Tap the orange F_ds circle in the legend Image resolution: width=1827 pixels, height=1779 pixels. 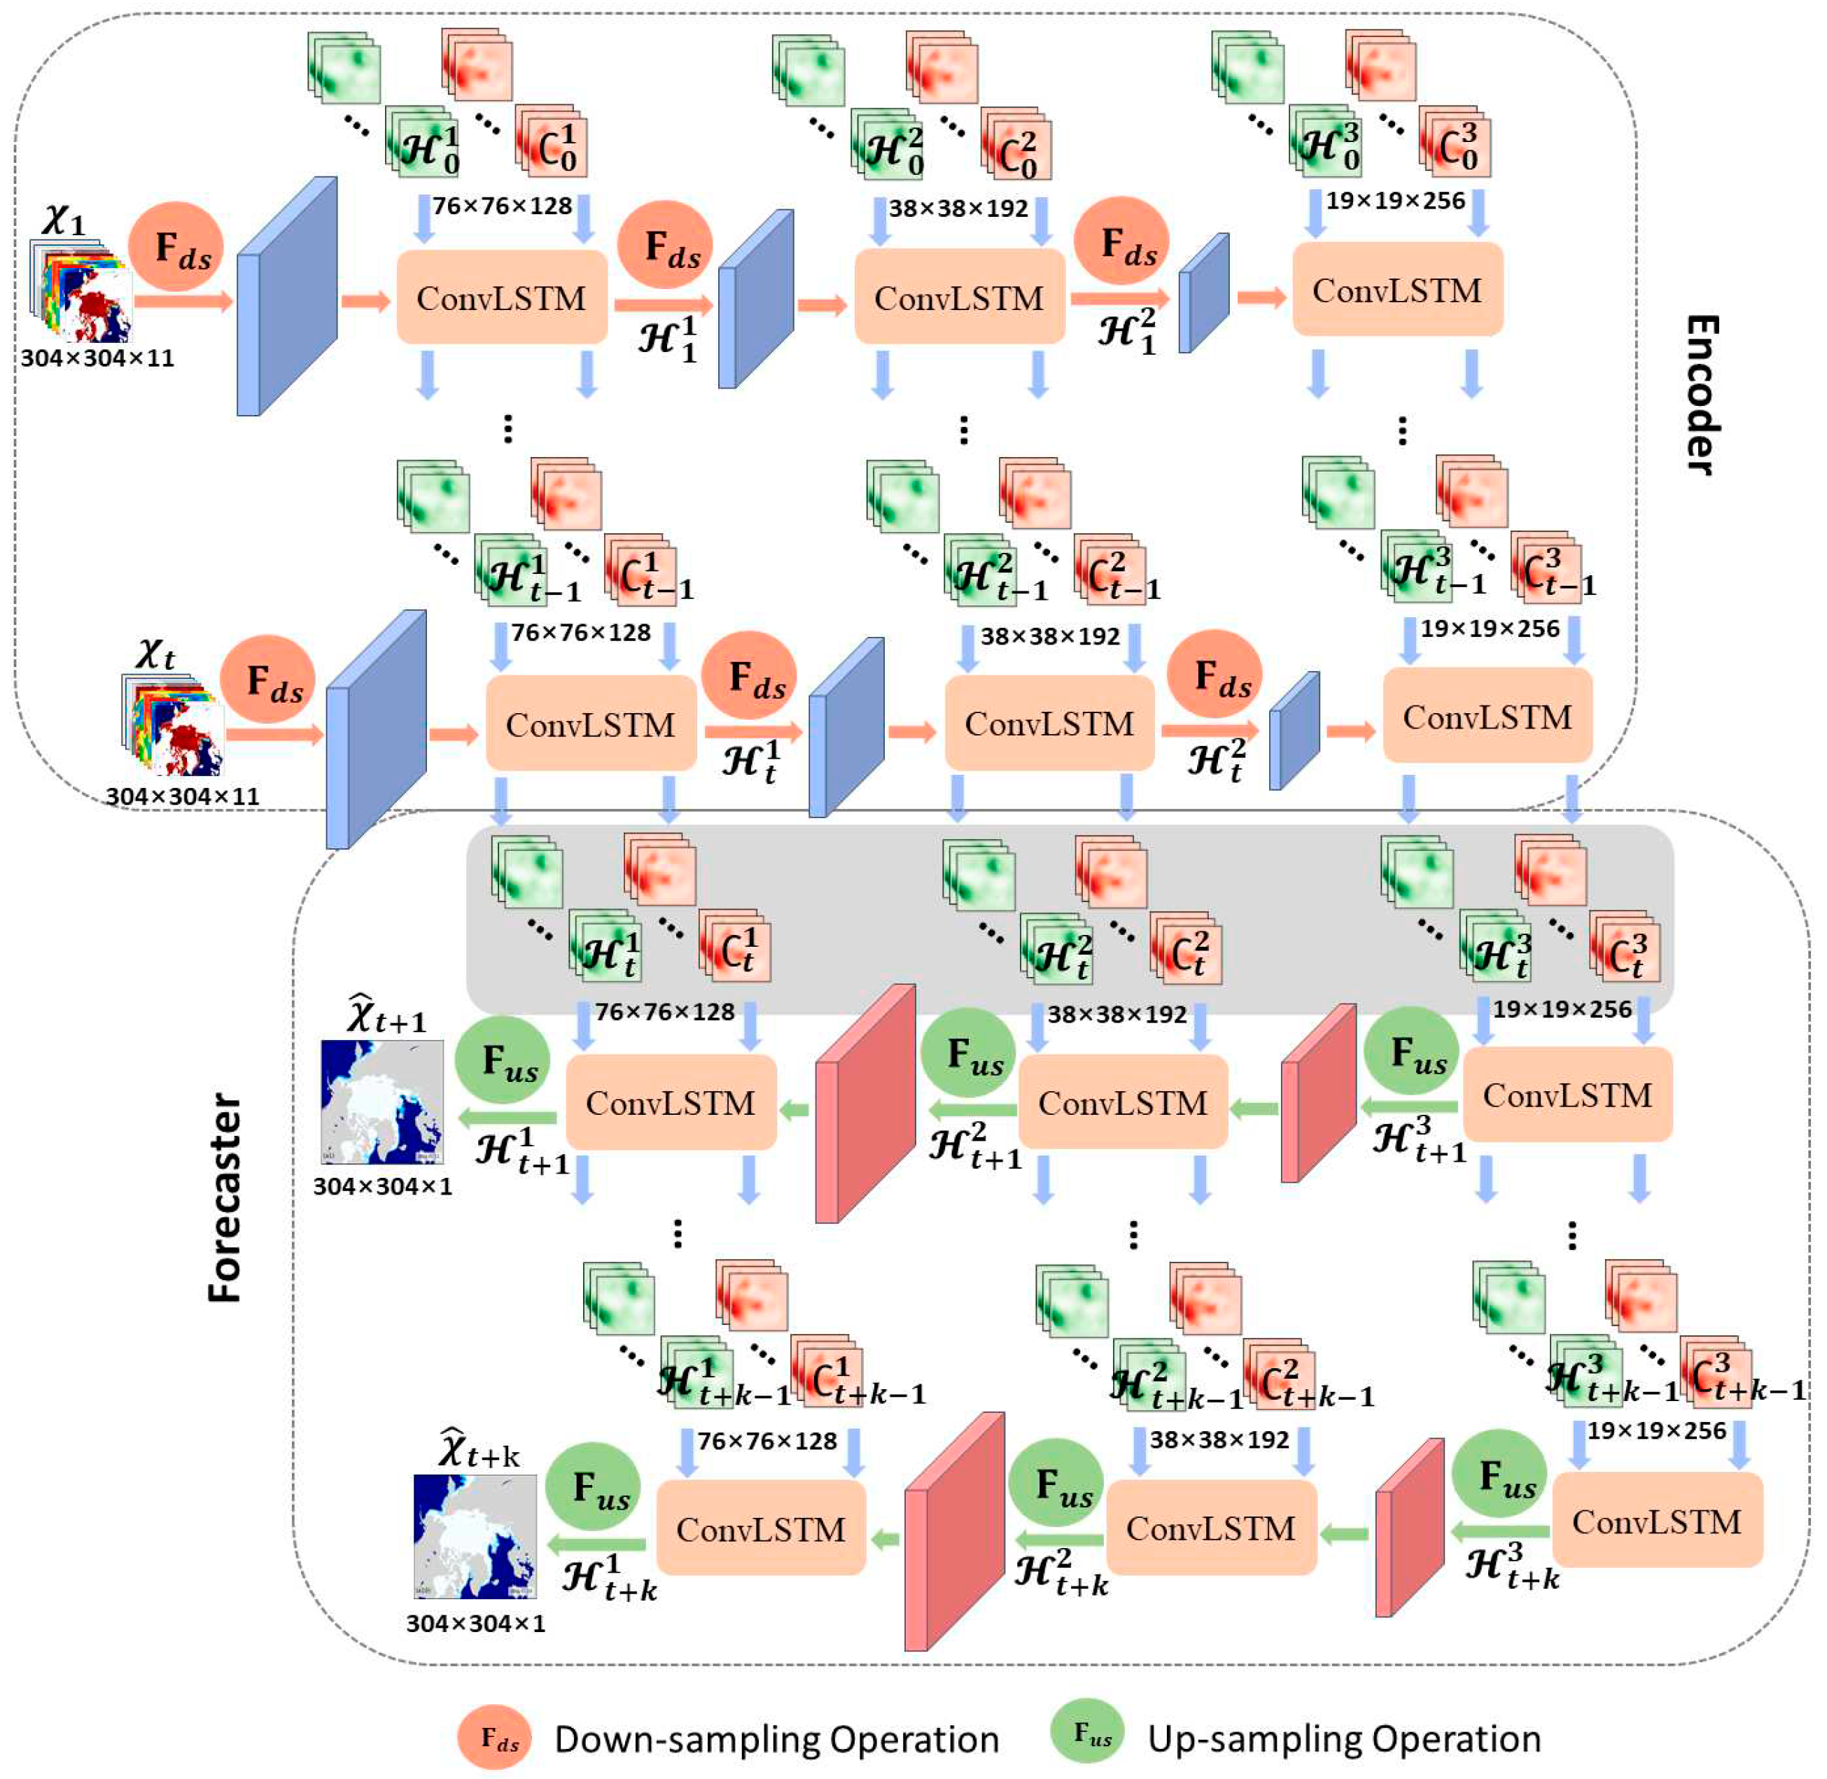click(x=494, y=1738)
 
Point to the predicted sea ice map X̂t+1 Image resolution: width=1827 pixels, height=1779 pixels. click(x=382, y=1102)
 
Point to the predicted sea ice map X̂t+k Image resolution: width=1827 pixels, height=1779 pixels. click(x=475, y=1537)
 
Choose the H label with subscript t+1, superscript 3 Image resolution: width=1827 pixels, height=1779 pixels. click(x=1419, y=1141)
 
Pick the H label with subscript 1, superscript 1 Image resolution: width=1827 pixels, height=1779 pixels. click(x=667, y=338)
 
